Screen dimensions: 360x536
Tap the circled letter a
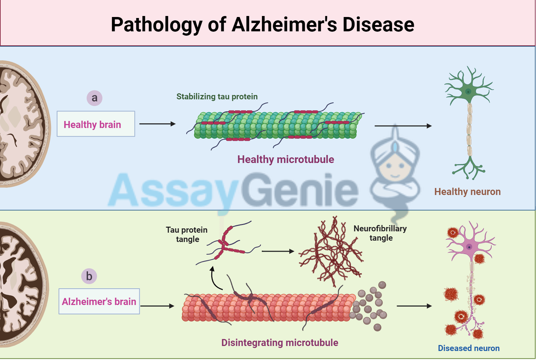[x=94, y=98]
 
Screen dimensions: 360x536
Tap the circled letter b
[x=89, y=276]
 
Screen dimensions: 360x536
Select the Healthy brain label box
[x=96, y=124]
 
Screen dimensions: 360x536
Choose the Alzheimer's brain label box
[x=99, y=301]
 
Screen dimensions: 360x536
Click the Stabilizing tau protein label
[x=217, y=97]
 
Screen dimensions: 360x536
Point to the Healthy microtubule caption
[x=285, y=159]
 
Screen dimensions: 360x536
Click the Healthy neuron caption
[x=467, y=192]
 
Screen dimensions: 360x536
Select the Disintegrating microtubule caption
[x=280, y=343]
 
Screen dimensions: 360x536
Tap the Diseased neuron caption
[x=468, y=348]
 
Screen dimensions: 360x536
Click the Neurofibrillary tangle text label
[x=380, y=233]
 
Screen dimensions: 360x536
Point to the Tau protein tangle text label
[x=187, y=234]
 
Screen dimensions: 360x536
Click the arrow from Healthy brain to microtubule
[x=157, y=124]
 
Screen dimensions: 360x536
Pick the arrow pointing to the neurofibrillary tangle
[x=278, y=251]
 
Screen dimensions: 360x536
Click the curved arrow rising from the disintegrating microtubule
[x=214, y=280]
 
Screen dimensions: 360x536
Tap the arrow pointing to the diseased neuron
[x=414, y=306]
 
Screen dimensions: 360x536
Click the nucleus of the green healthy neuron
[x=468, y=91]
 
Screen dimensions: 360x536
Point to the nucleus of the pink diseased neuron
[x=469, y=247]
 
